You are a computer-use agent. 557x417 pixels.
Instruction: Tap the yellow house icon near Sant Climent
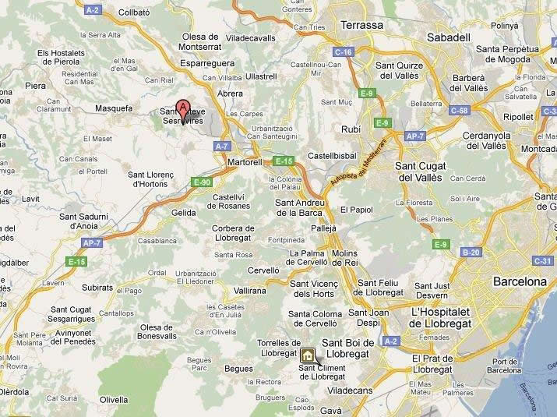[x=308, y=355]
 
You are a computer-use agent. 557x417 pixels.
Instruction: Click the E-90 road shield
[x=202, y=182]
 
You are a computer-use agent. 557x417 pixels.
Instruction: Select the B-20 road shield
[x=471, y=253]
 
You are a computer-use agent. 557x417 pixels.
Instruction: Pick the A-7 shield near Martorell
[x=223, y=146]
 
